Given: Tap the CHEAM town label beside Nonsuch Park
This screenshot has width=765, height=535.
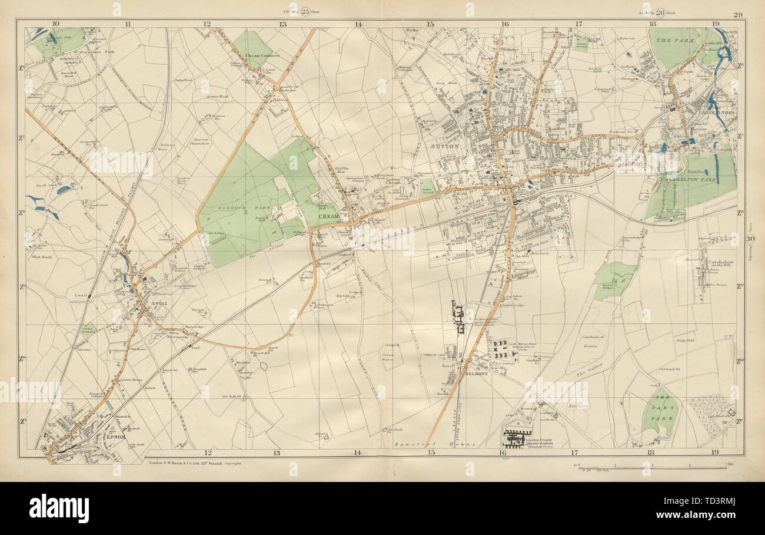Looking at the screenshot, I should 327,216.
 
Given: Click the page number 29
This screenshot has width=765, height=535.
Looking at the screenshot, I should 737,14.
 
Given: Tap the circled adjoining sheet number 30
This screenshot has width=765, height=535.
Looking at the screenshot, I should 750,239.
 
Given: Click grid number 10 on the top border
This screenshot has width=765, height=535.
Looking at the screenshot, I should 55,24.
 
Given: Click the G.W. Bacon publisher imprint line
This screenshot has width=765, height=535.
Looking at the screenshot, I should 194,464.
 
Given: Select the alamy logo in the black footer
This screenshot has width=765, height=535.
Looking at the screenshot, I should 59,508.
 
